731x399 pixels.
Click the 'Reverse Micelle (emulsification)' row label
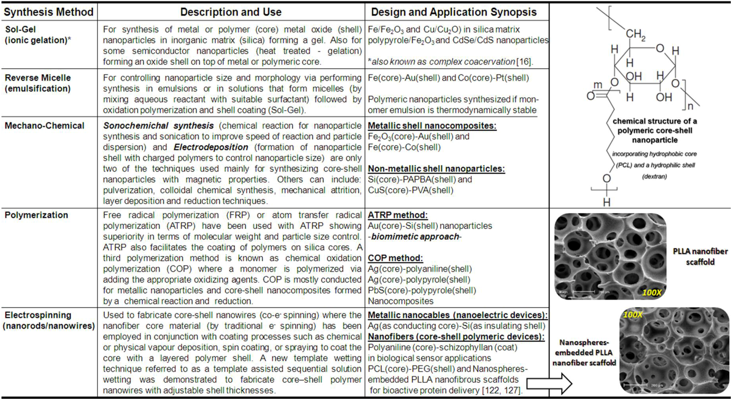pos(38,83)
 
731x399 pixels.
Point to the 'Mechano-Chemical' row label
pos(45,125)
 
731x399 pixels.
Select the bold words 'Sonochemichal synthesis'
pos(158,125)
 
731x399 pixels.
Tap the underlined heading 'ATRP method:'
pos(398,215)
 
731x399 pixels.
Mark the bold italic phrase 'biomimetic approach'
pos(415,237)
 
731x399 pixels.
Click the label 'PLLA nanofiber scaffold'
pos(700,256)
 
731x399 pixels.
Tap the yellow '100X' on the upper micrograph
pos(651,292)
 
